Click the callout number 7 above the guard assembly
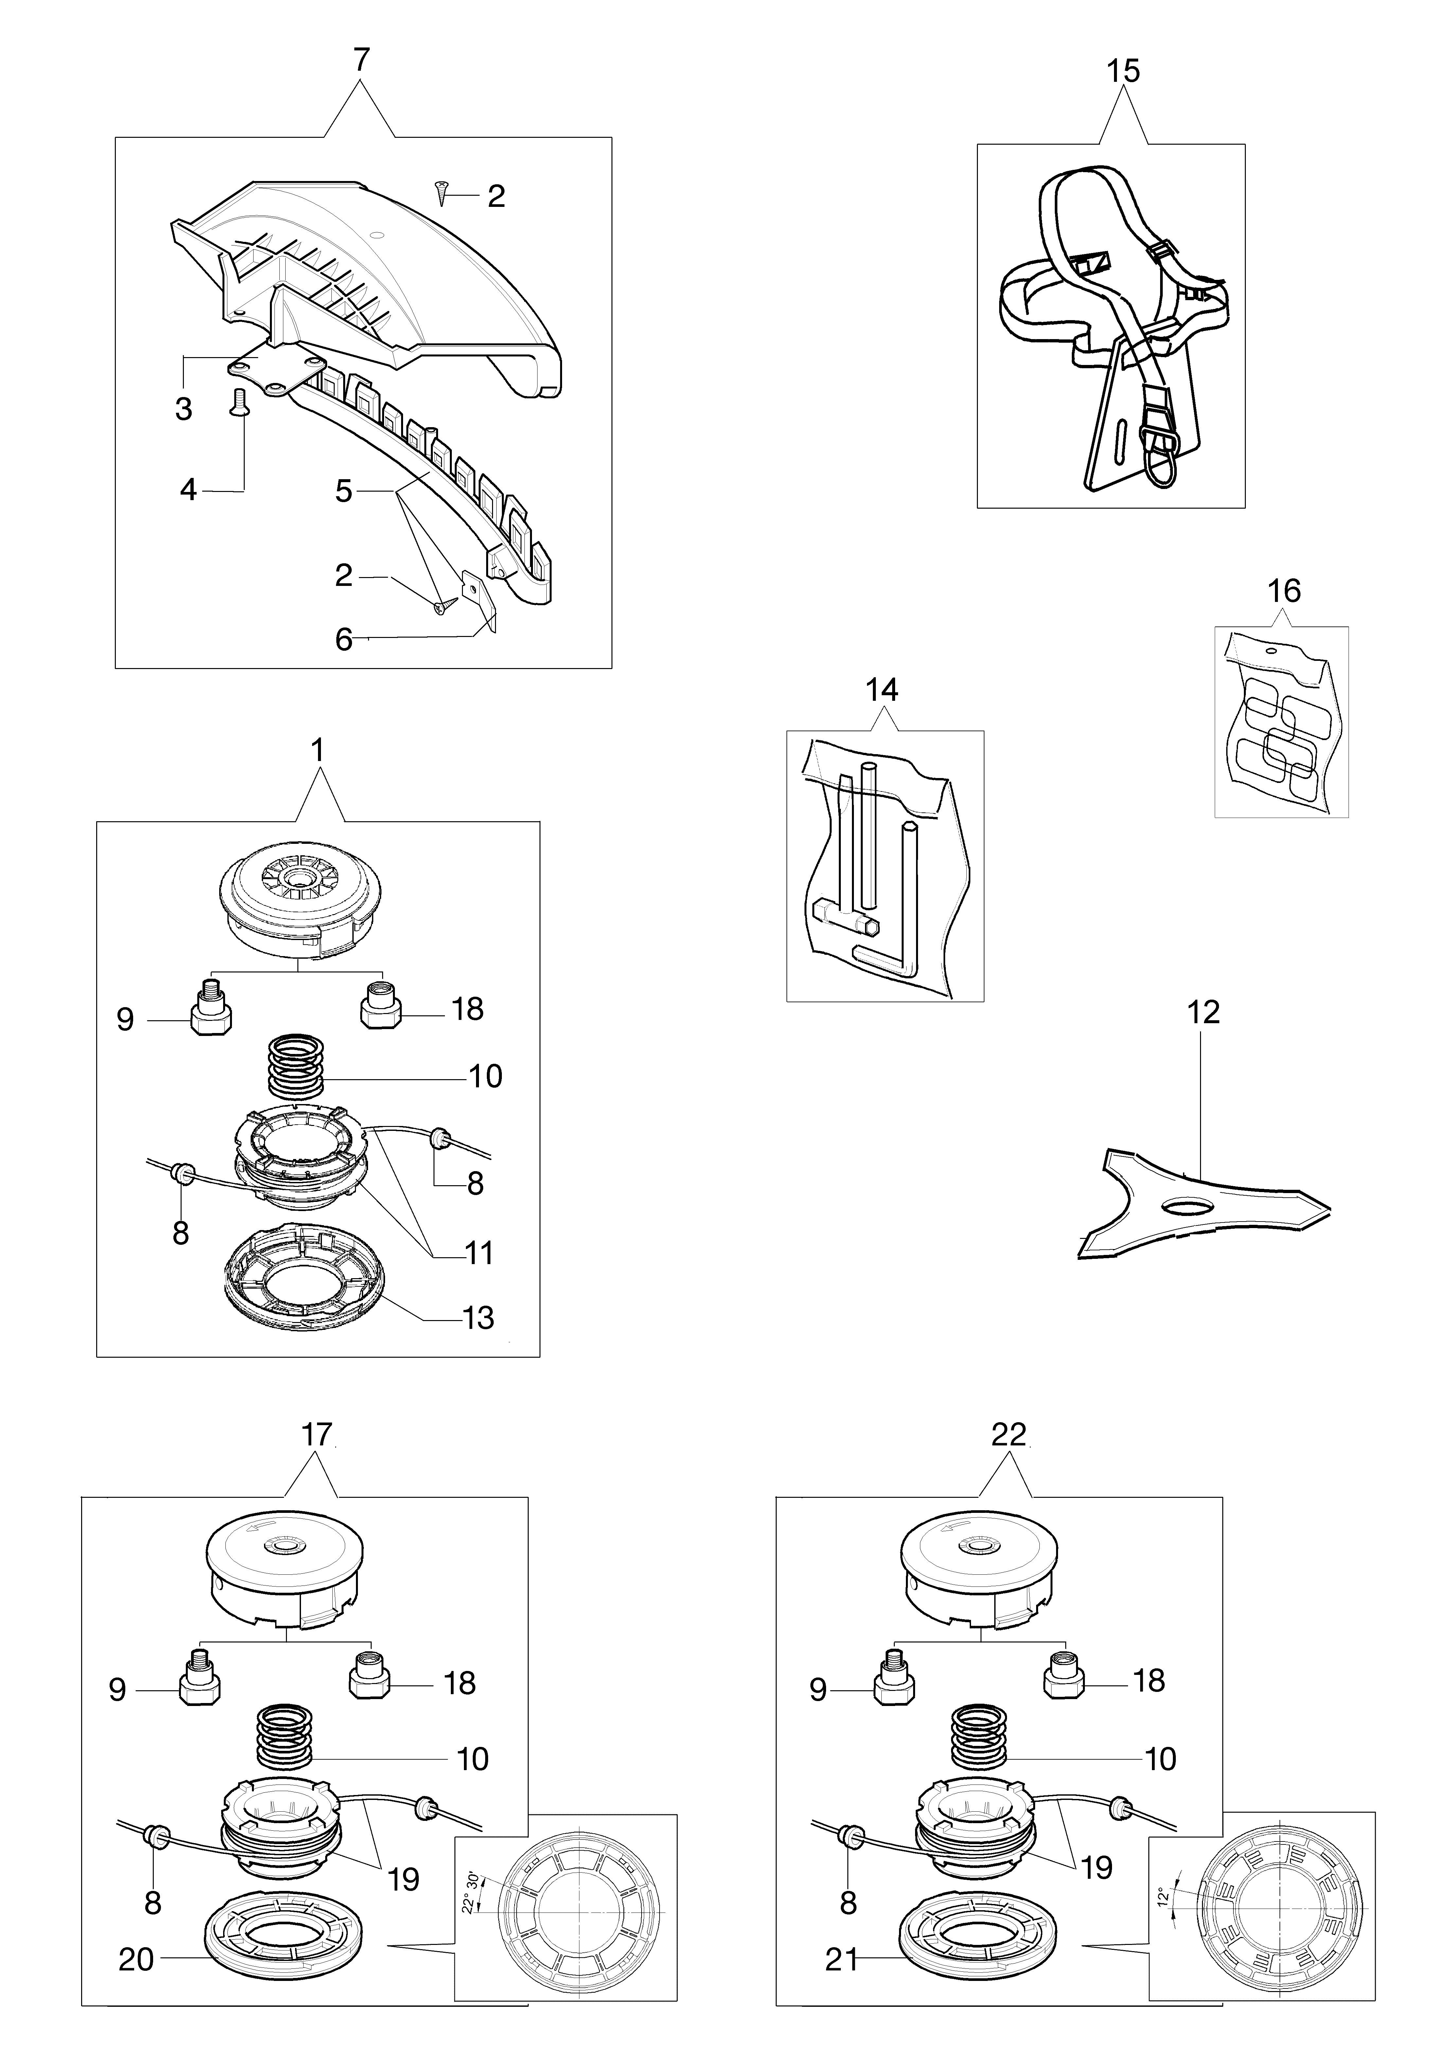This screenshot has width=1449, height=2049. pos(361,61)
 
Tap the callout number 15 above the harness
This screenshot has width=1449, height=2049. pos(1123,70)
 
